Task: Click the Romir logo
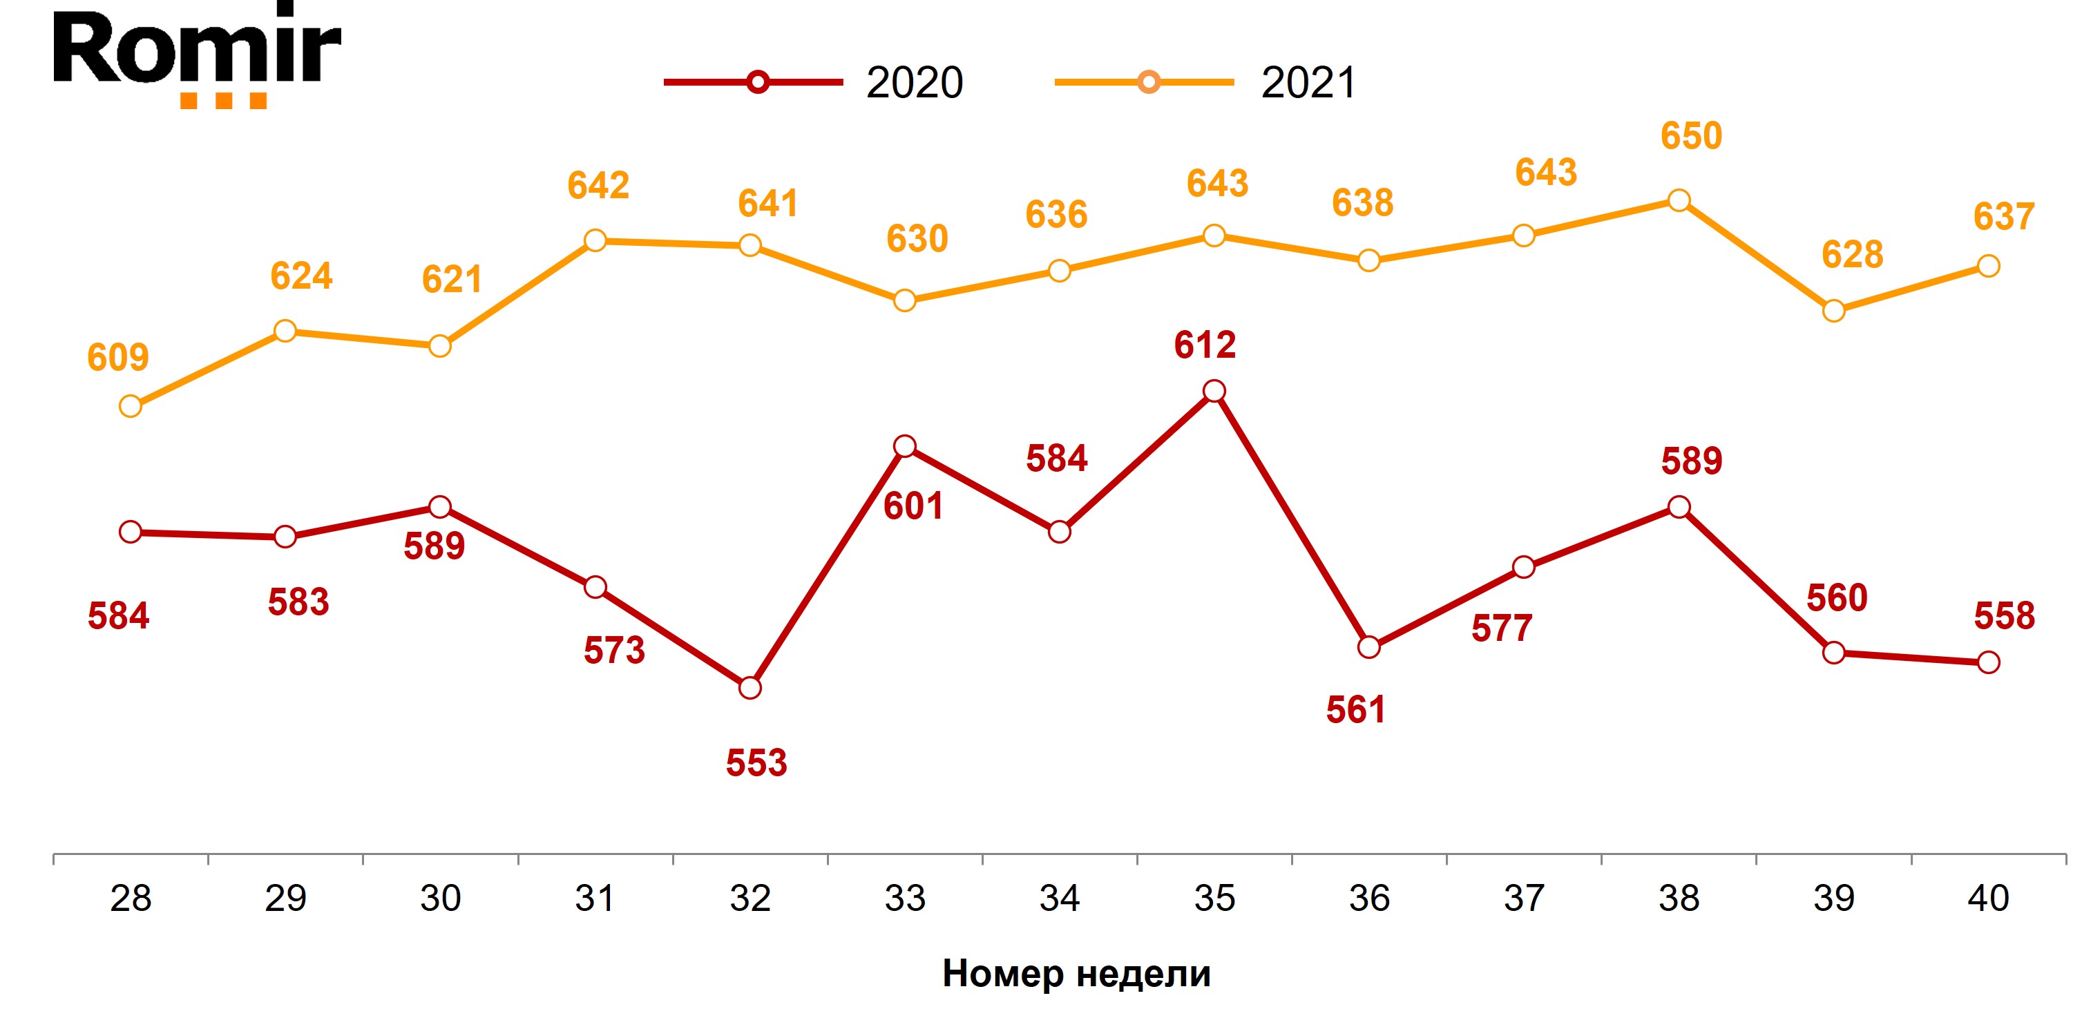coord(197,55)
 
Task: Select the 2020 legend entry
coord(813,82)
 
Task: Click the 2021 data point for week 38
coord(1679,200)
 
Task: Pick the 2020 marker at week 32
coord(750,688)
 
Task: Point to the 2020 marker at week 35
coord(1214,392)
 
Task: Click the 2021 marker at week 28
coord(130,406)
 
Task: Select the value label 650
coord(1691,136)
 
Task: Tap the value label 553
coord(756,762)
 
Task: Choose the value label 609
coord(118,357)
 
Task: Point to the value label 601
coord(913,506)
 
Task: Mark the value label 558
coord(2004,615)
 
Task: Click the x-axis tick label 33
coord(904,899)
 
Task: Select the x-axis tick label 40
coord(1987,899)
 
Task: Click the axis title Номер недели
coord(1076,974)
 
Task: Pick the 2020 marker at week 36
coord(1368,647)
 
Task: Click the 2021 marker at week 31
coord(595,241)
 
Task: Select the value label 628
coord(1852,254)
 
